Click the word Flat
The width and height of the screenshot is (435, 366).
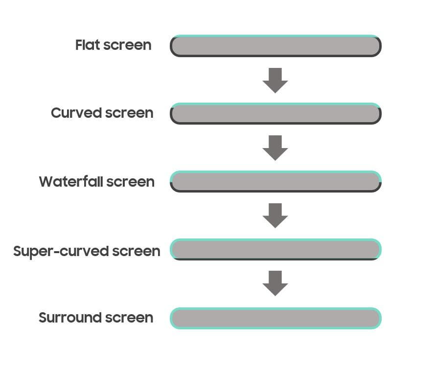(x=88, y=45)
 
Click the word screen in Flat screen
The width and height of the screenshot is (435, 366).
(x=127, y=45)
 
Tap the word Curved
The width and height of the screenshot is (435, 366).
(x=76, y=113)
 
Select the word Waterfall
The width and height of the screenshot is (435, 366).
(x=71, y=181)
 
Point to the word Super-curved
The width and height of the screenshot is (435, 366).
(x=61, y=252)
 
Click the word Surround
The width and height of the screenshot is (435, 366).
(x=70, y=318)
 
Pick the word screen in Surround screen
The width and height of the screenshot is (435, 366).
(x=129, y=318)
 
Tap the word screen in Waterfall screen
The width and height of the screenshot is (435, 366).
(x=130, y=182)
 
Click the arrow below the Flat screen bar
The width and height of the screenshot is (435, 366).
(x=275, y=80)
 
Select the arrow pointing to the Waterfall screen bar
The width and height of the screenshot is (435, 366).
(x=275, y=148)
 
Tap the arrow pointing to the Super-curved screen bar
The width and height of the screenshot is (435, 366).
(x=275, y=215)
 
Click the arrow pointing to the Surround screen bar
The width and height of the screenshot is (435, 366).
(x=275, y=283)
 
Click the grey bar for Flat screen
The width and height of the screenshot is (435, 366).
(x=275, y=46)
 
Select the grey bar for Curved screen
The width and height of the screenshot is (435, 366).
(x=275, y=113)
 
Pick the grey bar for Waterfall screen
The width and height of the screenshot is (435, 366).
(x=275, y=181)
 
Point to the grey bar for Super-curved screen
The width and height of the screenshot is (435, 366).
(x=275, y=249)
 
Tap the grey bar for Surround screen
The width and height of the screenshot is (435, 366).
(x=275, y=318)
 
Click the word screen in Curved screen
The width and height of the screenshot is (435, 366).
(x=129, y=113)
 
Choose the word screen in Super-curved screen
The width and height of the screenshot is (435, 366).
(x=136, y=252)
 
